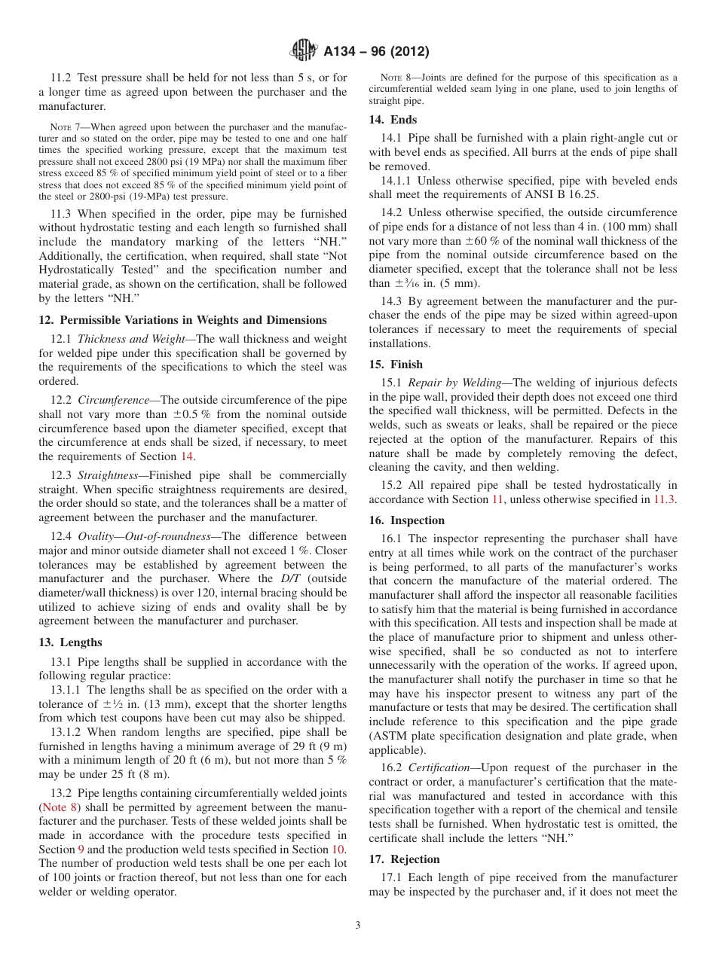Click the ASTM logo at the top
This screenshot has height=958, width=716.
(304, 51)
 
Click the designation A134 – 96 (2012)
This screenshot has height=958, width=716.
(376, 52)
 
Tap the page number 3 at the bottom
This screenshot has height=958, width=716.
(358, 925)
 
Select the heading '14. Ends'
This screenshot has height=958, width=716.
(393, 120)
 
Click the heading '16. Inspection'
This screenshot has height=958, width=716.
(406, 520)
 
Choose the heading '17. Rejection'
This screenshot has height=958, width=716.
(404, 859)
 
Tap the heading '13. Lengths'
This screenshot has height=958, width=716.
(70, 642)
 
